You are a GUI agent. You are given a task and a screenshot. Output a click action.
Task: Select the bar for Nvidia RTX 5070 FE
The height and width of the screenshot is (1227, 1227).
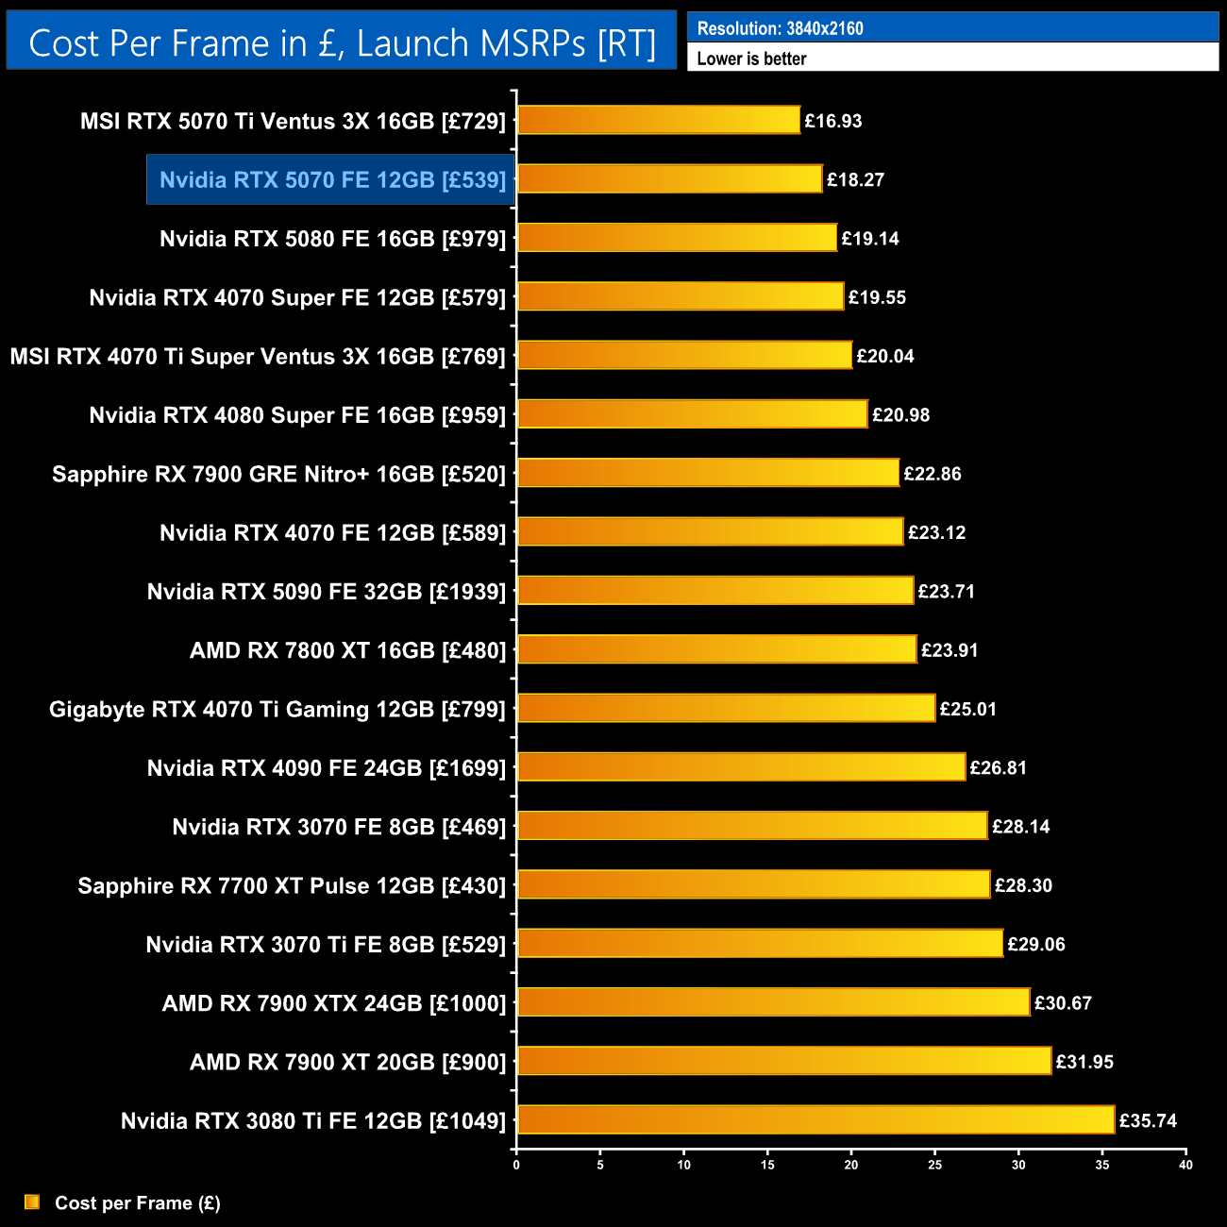point(669,179)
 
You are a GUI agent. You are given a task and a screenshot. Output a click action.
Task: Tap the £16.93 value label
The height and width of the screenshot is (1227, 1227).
point(832,121)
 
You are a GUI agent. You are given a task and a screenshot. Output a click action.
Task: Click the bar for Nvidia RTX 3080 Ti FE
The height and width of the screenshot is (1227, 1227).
point(815,1120)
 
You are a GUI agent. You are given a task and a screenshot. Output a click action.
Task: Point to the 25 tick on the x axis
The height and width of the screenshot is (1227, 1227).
point(934,1165)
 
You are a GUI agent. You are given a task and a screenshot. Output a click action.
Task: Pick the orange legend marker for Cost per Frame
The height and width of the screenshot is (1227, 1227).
point(32,1202)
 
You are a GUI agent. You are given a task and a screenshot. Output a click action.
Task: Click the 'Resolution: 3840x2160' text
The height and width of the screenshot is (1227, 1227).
point(780,28)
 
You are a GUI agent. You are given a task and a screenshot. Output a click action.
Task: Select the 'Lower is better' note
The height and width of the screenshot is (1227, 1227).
point(751,59)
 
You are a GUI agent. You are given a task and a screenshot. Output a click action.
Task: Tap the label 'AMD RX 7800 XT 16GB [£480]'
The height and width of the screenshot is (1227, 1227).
point(347,650)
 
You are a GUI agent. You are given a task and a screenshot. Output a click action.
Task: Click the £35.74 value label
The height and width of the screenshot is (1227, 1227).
point(1148,1120)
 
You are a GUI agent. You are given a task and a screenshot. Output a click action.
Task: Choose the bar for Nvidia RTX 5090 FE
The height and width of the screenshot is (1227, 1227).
point(715,591)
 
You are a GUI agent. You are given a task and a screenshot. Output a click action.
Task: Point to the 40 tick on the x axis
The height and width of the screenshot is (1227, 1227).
point(1185,1165)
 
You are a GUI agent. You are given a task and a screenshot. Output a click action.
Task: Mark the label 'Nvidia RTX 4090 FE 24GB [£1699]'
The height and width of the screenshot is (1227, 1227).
point(327,768)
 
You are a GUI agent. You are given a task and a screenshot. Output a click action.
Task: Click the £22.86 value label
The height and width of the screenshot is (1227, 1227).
point(933,474)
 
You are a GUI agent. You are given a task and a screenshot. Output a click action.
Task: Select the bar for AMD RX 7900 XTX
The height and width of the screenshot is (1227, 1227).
point(773,1002)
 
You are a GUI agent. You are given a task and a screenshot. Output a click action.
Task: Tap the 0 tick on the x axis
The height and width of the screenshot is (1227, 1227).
point(516,1165)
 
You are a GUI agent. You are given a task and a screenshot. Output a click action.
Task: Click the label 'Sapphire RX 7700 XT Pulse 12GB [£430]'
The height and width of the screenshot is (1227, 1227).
point(292,885)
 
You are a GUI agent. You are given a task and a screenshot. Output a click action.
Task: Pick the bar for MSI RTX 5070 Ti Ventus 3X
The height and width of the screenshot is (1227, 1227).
point(659,121)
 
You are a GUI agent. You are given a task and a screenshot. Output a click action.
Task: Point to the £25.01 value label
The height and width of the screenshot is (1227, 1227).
point(968,709)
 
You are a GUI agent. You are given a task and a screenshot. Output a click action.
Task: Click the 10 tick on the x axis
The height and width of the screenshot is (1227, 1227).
point(683,1165)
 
